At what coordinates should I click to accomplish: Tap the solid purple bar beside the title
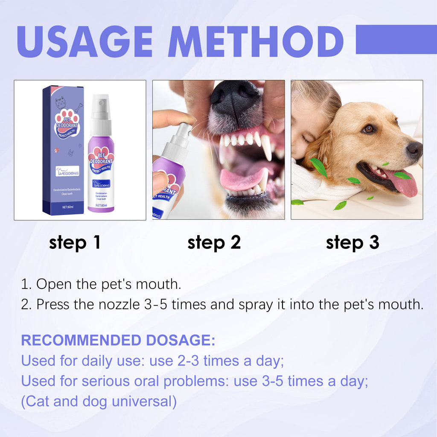tap(396, 39)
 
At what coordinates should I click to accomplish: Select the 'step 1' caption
tap(75, 242)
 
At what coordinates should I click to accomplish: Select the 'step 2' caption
tap(214, 242)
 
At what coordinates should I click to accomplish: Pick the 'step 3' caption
tap(353, 242)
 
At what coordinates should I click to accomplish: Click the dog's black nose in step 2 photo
tap(234, 96)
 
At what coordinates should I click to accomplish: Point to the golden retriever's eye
tap(368, 128)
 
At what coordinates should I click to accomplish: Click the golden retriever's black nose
tap(414, 149)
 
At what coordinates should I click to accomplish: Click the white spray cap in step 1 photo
tap(101, 107)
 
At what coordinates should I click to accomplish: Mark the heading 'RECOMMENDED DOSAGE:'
tap(118, 341)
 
